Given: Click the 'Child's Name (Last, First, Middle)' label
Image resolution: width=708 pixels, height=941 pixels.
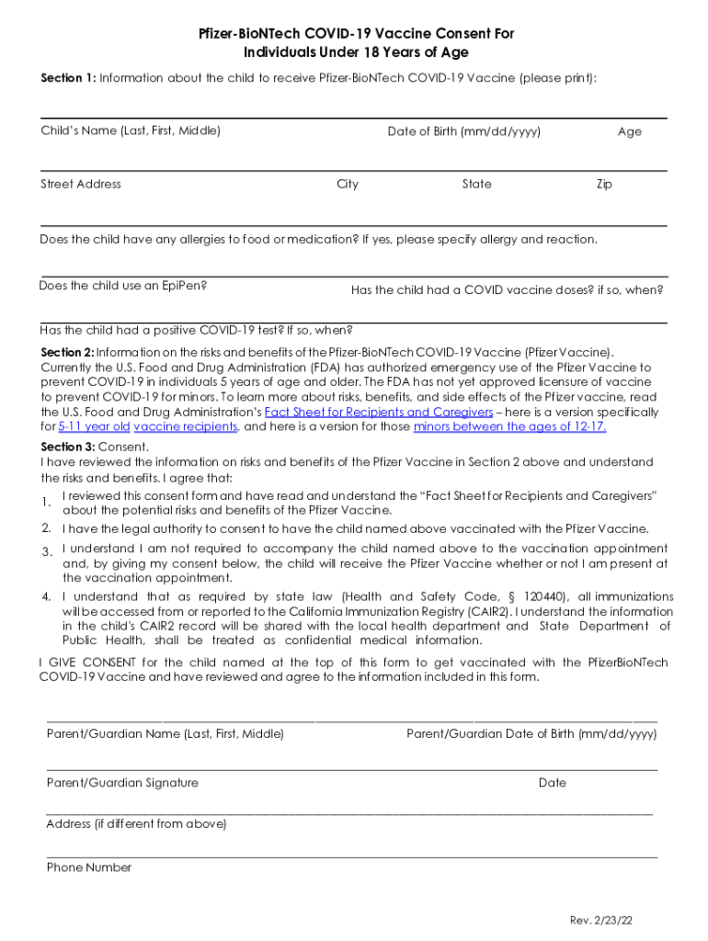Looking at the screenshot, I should click(x=131, y=130).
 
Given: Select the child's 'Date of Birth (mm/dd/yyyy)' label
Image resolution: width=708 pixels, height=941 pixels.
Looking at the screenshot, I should click(x=463, y=131).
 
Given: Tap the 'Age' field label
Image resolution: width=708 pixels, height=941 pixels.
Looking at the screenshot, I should click(x=630, y=131).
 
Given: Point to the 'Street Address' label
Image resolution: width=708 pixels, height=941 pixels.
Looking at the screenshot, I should click(x=81, y=184).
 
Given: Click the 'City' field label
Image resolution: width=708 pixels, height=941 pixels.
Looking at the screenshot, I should click(x=348, y=184).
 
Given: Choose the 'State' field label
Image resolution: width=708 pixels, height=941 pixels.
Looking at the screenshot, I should click(x=476, y=184).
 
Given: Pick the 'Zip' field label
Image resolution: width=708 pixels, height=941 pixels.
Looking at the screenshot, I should click(x=604, y=184).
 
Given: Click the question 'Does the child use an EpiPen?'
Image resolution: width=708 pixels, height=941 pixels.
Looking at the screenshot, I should click(x=123, y=285).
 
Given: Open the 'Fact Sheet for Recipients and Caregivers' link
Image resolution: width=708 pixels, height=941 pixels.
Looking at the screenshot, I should click(x=379, y=412).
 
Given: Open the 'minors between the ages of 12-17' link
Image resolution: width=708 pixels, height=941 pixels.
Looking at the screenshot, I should click(x=509, y=426).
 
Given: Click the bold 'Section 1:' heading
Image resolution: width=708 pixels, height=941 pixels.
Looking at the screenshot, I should click(x=68, y=78).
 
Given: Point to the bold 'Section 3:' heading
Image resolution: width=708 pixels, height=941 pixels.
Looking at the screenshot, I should click(x=68, y=447).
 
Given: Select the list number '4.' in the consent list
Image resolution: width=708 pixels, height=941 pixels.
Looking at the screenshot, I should click(x=46, y=597).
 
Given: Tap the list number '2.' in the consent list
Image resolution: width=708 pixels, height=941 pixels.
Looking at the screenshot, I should click(x=46, y=528).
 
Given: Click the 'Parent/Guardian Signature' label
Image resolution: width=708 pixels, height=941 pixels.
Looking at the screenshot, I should click(x=122, y=783).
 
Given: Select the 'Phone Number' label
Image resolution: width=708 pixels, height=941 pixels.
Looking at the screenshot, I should click(x=89, y=867).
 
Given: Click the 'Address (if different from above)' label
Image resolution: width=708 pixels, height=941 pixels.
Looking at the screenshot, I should click(x=136, y=824).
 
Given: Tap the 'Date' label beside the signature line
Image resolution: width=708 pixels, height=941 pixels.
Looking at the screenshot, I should click(x=553, y=783).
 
